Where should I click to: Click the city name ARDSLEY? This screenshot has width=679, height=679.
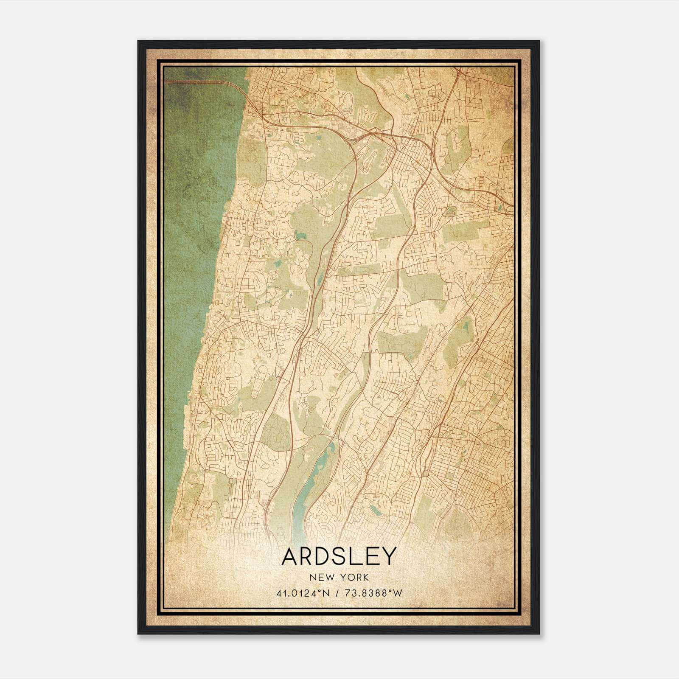click(x=339, y=556)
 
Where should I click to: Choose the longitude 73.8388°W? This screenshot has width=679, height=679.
click(x=374, y=593)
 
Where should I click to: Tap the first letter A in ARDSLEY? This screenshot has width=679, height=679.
click(x=290, y=556)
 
